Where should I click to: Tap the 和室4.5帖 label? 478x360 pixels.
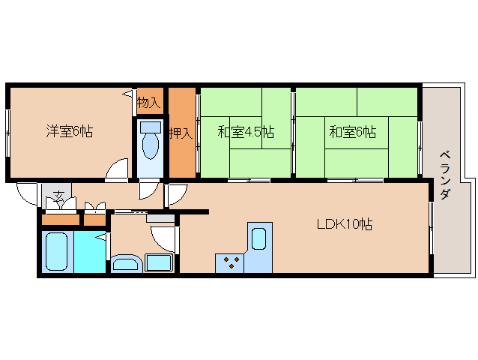point(245,132)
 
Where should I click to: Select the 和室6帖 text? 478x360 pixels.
point(352,132)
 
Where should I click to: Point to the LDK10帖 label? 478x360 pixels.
point(344,223)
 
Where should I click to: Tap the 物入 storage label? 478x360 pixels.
point(148,102)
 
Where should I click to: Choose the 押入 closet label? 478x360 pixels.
point(181,133)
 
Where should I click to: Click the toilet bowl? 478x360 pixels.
point(151,148)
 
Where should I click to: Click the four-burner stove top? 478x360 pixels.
point(230,262)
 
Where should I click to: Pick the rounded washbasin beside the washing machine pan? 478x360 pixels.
point(125,263)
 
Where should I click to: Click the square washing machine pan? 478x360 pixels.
point(158,263)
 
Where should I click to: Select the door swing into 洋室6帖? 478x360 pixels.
point(117,171)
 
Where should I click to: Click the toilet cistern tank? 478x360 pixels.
point(151,126)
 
